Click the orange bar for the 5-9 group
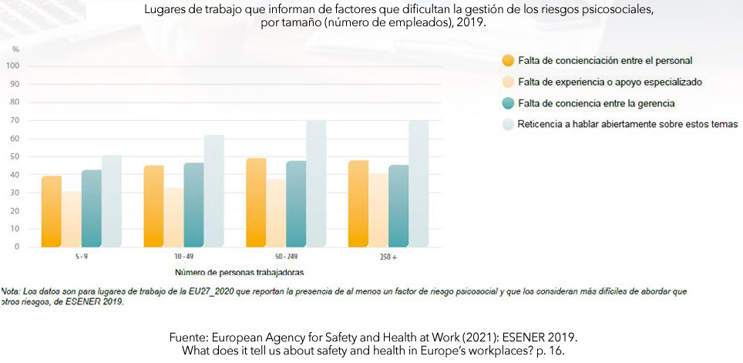tap(52, 212)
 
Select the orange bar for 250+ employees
tap(358, 204)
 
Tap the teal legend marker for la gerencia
tap(507, 103)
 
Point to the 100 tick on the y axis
tap(13, 66)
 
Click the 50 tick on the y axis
tap(15, 156)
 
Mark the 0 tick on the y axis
tap(18, 247)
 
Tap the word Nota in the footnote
tap(12, 292)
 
